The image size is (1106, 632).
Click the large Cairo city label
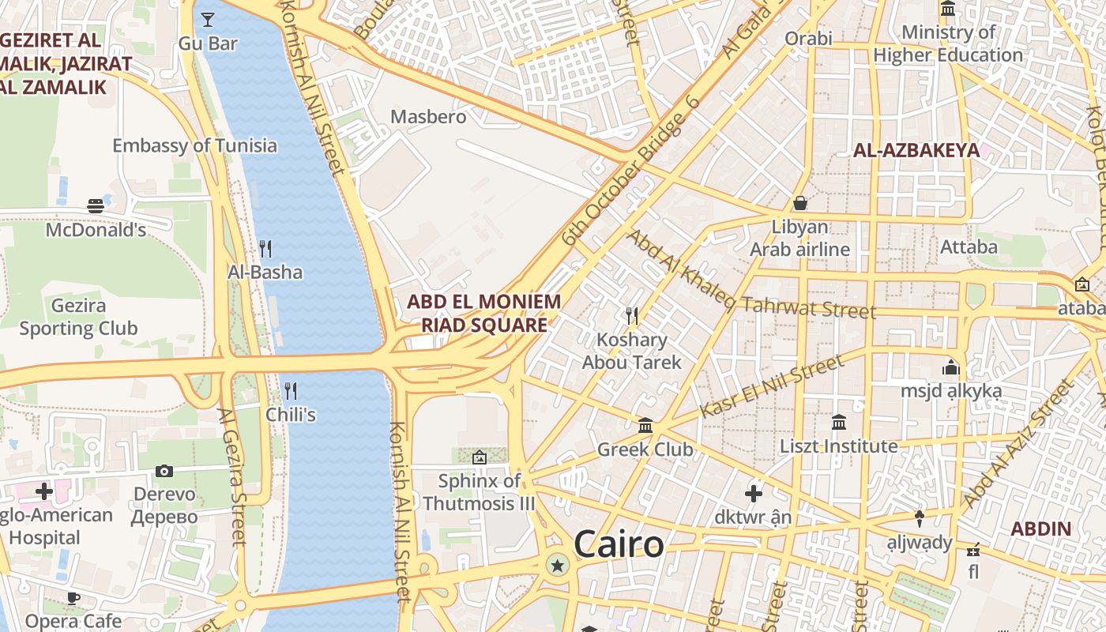click(619, 544)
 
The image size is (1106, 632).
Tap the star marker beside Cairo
click(558, 565)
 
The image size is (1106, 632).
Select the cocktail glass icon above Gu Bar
click(208, 20)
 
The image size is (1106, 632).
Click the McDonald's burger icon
click(96, 206)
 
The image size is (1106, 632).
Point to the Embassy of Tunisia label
click(194, 145)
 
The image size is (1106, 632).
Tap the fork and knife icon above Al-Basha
click(265, 249)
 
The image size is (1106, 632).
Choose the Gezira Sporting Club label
click(78, 317)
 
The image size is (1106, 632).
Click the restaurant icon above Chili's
click(291, 391)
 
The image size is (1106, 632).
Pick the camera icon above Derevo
click(164, 472)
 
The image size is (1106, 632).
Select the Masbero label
click(429, 117)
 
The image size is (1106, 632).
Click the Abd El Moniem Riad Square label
click(483, 313)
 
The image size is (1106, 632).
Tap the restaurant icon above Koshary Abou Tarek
click(631, 316)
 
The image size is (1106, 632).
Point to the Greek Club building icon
click(645, 426)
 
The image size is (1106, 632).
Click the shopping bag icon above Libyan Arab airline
click(800, 204)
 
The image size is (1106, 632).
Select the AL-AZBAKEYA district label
click(916, 150)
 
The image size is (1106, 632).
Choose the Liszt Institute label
click(839, 446)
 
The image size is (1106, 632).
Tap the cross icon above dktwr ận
click(754, 494)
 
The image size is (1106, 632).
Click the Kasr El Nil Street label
click(772, 386)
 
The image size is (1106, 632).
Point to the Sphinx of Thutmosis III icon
click(479, 457)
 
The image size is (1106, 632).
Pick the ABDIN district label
click(1041, 529)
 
